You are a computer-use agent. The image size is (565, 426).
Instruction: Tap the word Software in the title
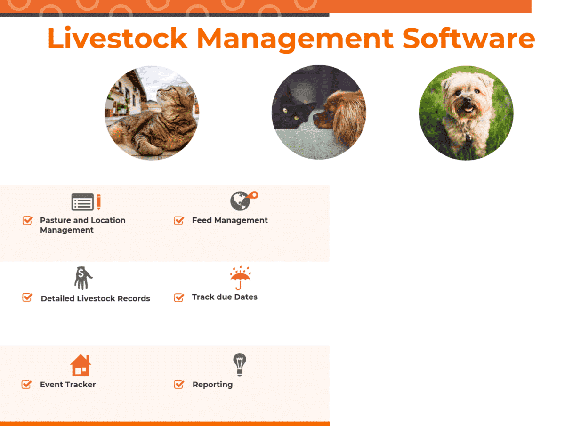pos(468,39)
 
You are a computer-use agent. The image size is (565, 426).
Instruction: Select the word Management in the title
pos(295,39)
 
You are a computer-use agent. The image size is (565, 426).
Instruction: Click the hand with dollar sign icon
pos(83,278)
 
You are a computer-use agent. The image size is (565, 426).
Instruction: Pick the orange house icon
pos(81,365)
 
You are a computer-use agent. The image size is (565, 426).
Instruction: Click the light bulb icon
pos(240,364)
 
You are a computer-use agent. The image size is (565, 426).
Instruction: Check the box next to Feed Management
pos(179,220)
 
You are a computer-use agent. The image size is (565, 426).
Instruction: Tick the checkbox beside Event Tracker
pos(27,385)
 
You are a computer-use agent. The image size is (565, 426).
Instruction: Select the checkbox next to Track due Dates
pos(179,297)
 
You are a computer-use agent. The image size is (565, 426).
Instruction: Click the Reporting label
pos(212,385)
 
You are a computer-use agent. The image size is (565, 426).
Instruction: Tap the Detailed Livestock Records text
pos(95,298)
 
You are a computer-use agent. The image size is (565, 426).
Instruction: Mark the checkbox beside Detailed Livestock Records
pos(27,297)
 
